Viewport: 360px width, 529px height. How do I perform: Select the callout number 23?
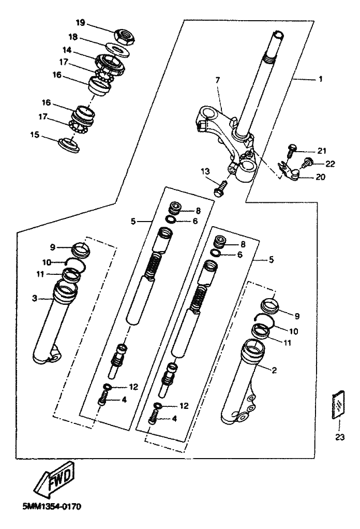[x=340, y=437]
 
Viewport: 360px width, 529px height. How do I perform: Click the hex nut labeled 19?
[x=125, y=35]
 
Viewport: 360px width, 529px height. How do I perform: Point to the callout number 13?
[x=205, y=171]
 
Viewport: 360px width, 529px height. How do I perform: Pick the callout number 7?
[x=217, y=80]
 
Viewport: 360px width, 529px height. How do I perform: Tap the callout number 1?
[x=321, y=79]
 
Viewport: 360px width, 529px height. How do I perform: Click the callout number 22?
[x=330, y=164]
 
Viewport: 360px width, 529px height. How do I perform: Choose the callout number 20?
[x=321, y=177]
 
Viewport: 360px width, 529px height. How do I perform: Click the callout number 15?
[x=35, y=135]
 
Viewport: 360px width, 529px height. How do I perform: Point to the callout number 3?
[x=34, y=298]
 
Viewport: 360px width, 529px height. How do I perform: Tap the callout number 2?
[x=274, y=370]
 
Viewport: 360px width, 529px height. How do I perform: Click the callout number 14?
[x=67, y=50]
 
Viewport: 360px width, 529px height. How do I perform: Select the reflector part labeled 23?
[x=339, y=404]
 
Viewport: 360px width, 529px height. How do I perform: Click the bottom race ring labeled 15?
[x=69, y=145]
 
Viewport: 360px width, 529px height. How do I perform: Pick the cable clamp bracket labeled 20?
[x=288, y=172]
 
